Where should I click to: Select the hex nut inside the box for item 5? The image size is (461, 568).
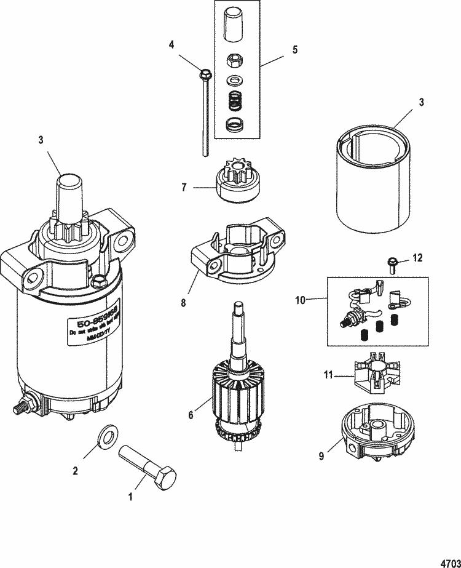(x=233, y=62)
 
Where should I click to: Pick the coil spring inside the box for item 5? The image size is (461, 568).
(x=233, y=98)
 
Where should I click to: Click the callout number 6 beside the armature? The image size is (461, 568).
(x=191, y=416)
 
